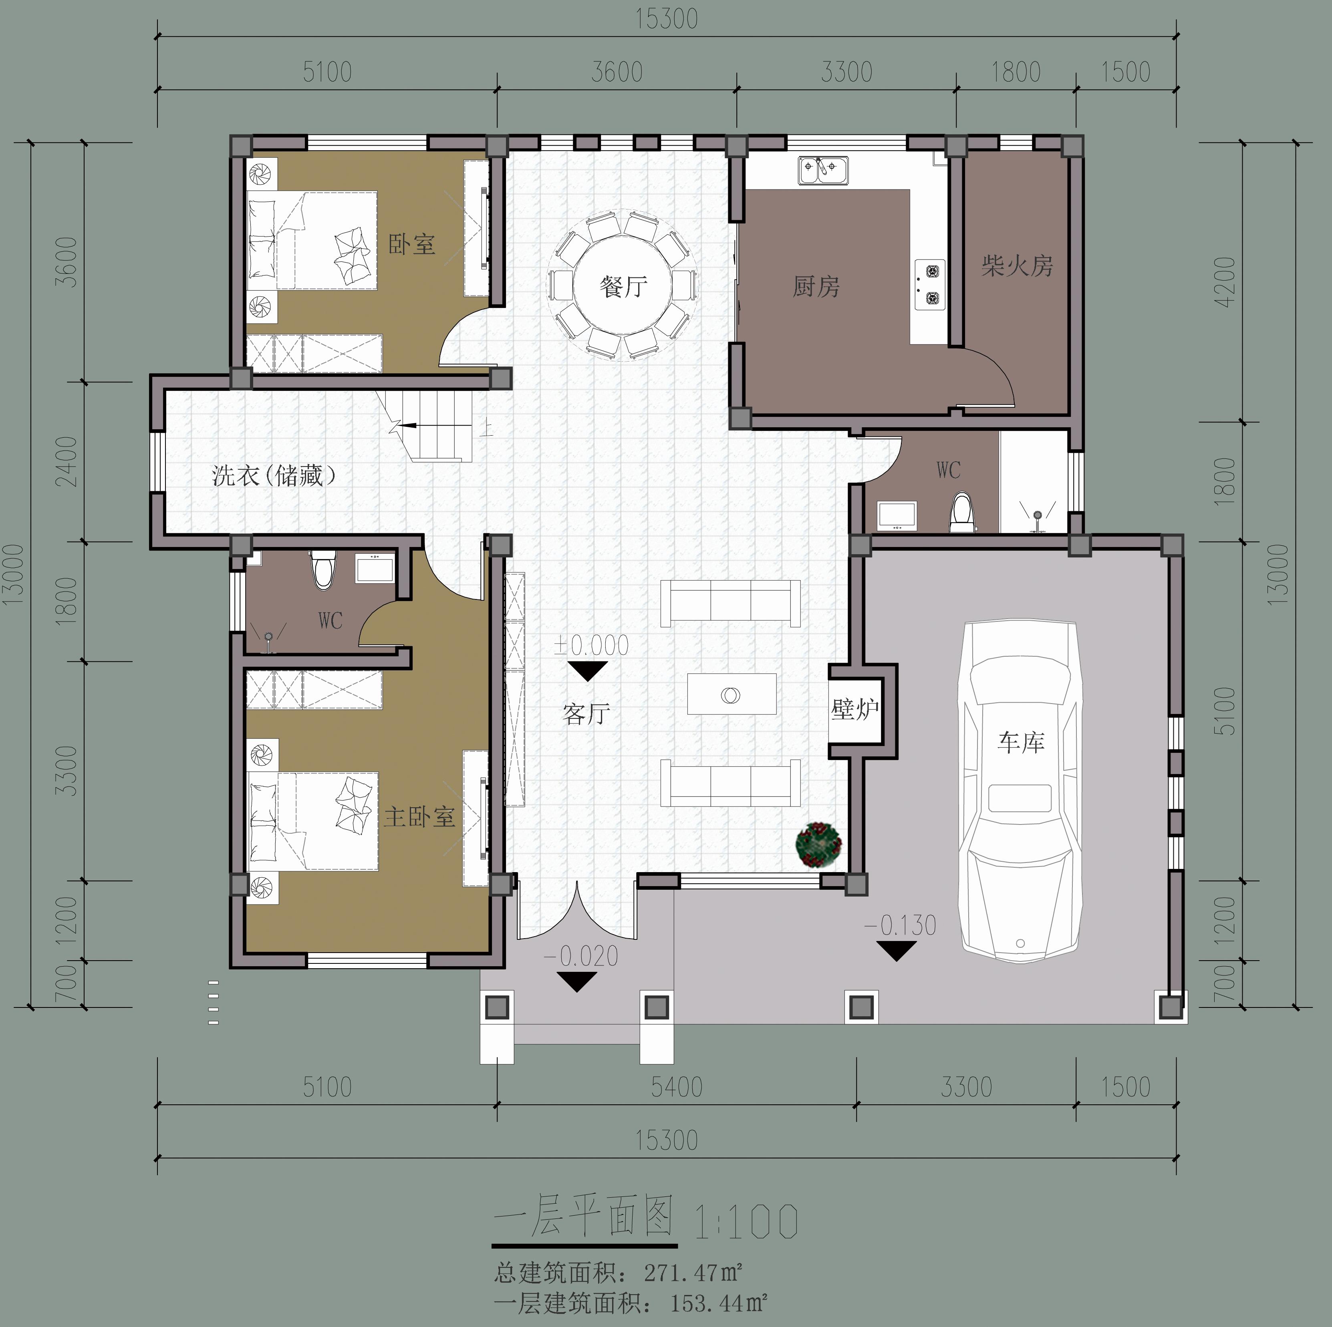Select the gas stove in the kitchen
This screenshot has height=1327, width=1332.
click(x=929, y=285)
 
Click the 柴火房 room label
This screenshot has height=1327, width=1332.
click(x=1017, y=266)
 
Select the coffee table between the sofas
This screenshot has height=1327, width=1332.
click(x=731, y=694)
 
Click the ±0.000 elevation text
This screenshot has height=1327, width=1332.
click(x=591, y=645)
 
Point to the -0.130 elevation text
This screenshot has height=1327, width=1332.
click(x=900, y=925)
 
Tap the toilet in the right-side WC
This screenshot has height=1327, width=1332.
click(x=962, y=513)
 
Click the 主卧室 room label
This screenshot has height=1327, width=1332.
click(x=419, y=818)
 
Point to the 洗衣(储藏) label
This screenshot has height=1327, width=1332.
click(x=274, y=475)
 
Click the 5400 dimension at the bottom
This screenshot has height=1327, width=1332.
click(x=676, y=1087)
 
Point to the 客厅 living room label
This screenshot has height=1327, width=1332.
click(x=586, y=714)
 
